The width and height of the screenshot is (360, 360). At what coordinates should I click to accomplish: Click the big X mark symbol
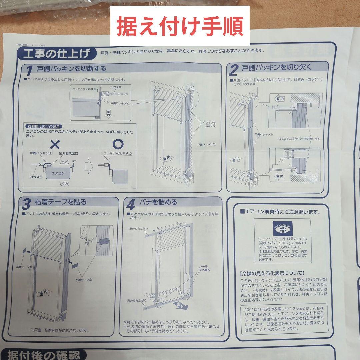pyautogui.click(x=55, y=144)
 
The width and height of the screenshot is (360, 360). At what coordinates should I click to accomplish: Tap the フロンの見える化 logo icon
pyautogui.click(x=282, y=228)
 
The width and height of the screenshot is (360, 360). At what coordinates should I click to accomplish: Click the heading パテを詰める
pyautogui.click(x=158, y=202)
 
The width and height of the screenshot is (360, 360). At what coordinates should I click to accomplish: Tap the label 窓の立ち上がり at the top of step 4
pyautogui.click(x=139, y=228)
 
